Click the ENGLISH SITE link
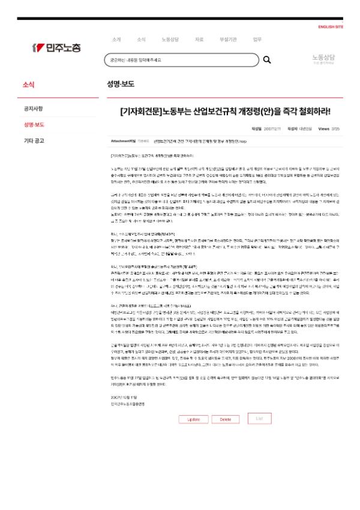click(x=331, y=27)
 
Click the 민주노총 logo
click(x=56, y=47)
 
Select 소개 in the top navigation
click(x=116, y=40)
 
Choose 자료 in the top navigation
click(x=199, y=40)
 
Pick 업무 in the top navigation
click(x=257, y=40)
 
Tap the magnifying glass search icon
click(x=267, y=60)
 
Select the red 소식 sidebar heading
click(x=28, y=85)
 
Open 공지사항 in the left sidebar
click(x=33, y=109)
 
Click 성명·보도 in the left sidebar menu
click(x=34, y=125)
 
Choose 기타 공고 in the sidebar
click(x=34, y=141)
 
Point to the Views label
click(x=323, y=128)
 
